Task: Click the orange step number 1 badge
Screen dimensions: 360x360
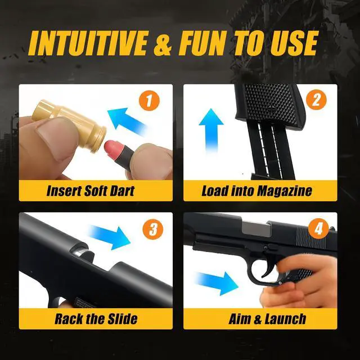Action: [x=149, y=101]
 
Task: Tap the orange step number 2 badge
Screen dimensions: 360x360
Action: [x=316, y=100]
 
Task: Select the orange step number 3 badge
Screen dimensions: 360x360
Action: [x=153, y=229]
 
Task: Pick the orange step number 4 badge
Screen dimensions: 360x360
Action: [x=318, y=229]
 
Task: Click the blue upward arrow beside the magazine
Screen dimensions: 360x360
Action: [x=211, y=130]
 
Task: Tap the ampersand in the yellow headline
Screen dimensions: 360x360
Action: [x=163, y=44]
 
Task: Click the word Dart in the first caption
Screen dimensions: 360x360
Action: [x=122, y=191]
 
